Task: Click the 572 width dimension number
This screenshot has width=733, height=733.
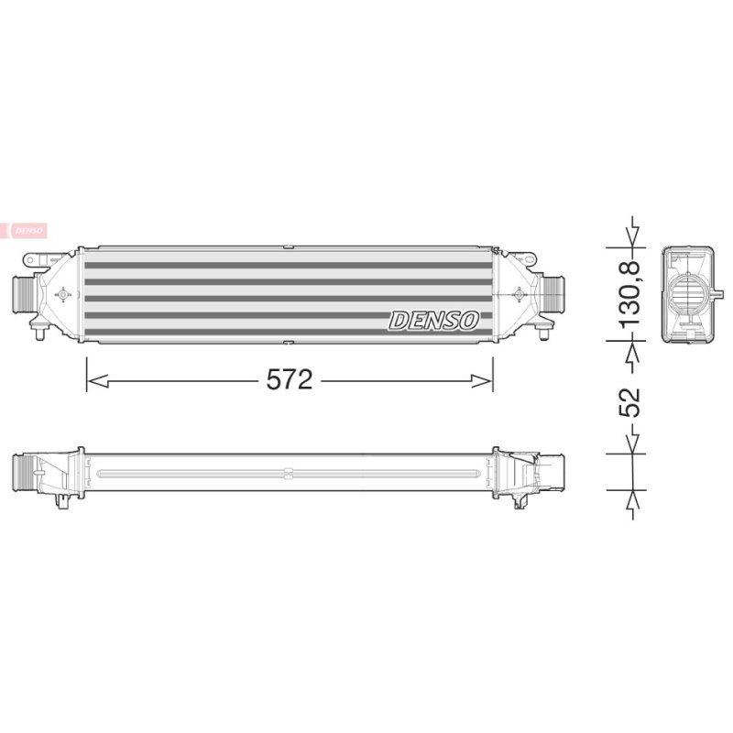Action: pos(289,379)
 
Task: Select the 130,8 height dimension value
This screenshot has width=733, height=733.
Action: pos(629,294)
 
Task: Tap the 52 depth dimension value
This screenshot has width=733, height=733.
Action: pos(629,402)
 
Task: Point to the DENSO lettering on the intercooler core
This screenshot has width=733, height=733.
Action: pos(434,321)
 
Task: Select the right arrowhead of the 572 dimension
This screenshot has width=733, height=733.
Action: pos(482,381)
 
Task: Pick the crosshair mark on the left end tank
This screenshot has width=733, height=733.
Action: pos(62,294)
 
